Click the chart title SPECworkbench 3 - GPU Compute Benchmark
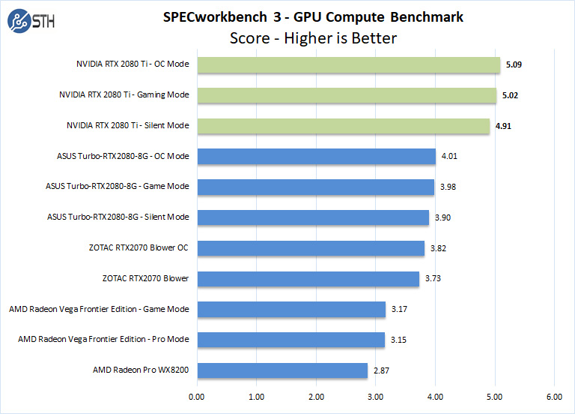312,16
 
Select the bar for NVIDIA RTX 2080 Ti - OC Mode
348,64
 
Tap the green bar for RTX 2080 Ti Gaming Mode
346,95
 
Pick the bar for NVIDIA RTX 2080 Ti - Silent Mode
343,126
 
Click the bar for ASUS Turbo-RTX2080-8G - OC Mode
316,157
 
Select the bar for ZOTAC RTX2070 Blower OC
310,248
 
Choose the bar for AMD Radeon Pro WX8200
282,370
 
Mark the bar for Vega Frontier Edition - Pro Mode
290,340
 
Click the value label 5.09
514,64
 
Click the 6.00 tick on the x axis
554,397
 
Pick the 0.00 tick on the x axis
197,397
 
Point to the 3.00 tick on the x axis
376,397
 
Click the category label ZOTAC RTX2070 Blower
145,279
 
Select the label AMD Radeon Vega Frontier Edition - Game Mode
99,309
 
